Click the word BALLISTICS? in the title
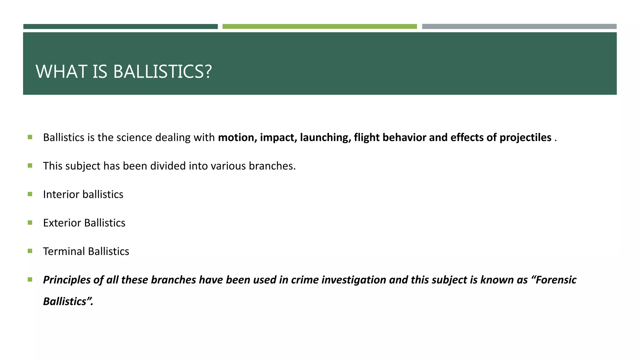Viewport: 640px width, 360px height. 162,72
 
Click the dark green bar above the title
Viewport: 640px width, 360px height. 120,27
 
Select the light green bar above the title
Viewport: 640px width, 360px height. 319,27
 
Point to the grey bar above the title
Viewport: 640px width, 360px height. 519,27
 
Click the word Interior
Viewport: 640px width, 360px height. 61,194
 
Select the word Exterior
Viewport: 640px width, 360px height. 62,223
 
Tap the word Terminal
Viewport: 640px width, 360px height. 64,251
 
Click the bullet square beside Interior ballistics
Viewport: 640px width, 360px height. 30,194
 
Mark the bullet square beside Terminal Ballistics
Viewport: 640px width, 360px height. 30,251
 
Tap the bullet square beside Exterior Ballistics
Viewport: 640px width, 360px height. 30,222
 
